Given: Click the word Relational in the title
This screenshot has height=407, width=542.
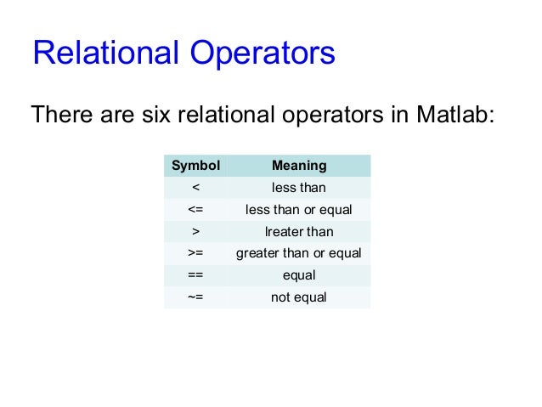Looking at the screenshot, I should (102, 54).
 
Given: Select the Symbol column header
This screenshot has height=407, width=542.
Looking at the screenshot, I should (195, 165).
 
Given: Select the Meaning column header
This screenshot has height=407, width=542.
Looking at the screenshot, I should (298, 165).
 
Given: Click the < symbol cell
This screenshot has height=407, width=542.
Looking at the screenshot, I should (195, 187).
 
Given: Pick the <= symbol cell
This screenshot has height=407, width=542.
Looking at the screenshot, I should (195, 209).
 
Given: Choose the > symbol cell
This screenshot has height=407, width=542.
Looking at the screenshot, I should (195, 231).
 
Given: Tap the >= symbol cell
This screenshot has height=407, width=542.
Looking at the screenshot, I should (195, 253).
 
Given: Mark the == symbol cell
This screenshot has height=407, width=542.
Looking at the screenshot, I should (195, 275).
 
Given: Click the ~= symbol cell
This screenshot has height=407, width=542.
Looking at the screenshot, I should (195, 297).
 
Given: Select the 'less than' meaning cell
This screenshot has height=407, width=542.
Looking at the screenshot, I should (298, 187).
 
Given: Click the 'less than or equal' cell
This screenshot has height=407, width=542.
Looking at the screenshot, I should (298, 209).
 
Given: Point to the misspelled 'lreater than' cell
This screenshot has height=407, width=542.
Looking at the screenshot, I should (298, 231).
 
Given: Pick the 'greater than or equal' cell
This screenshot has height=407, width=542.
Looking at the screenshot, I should (298, 253).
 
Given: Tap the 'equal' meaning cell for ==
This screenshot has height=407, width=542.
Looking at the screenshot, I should (298, 275).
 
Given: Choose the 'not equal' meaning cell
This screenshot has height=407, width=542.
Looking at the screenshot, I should (298, 297).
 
